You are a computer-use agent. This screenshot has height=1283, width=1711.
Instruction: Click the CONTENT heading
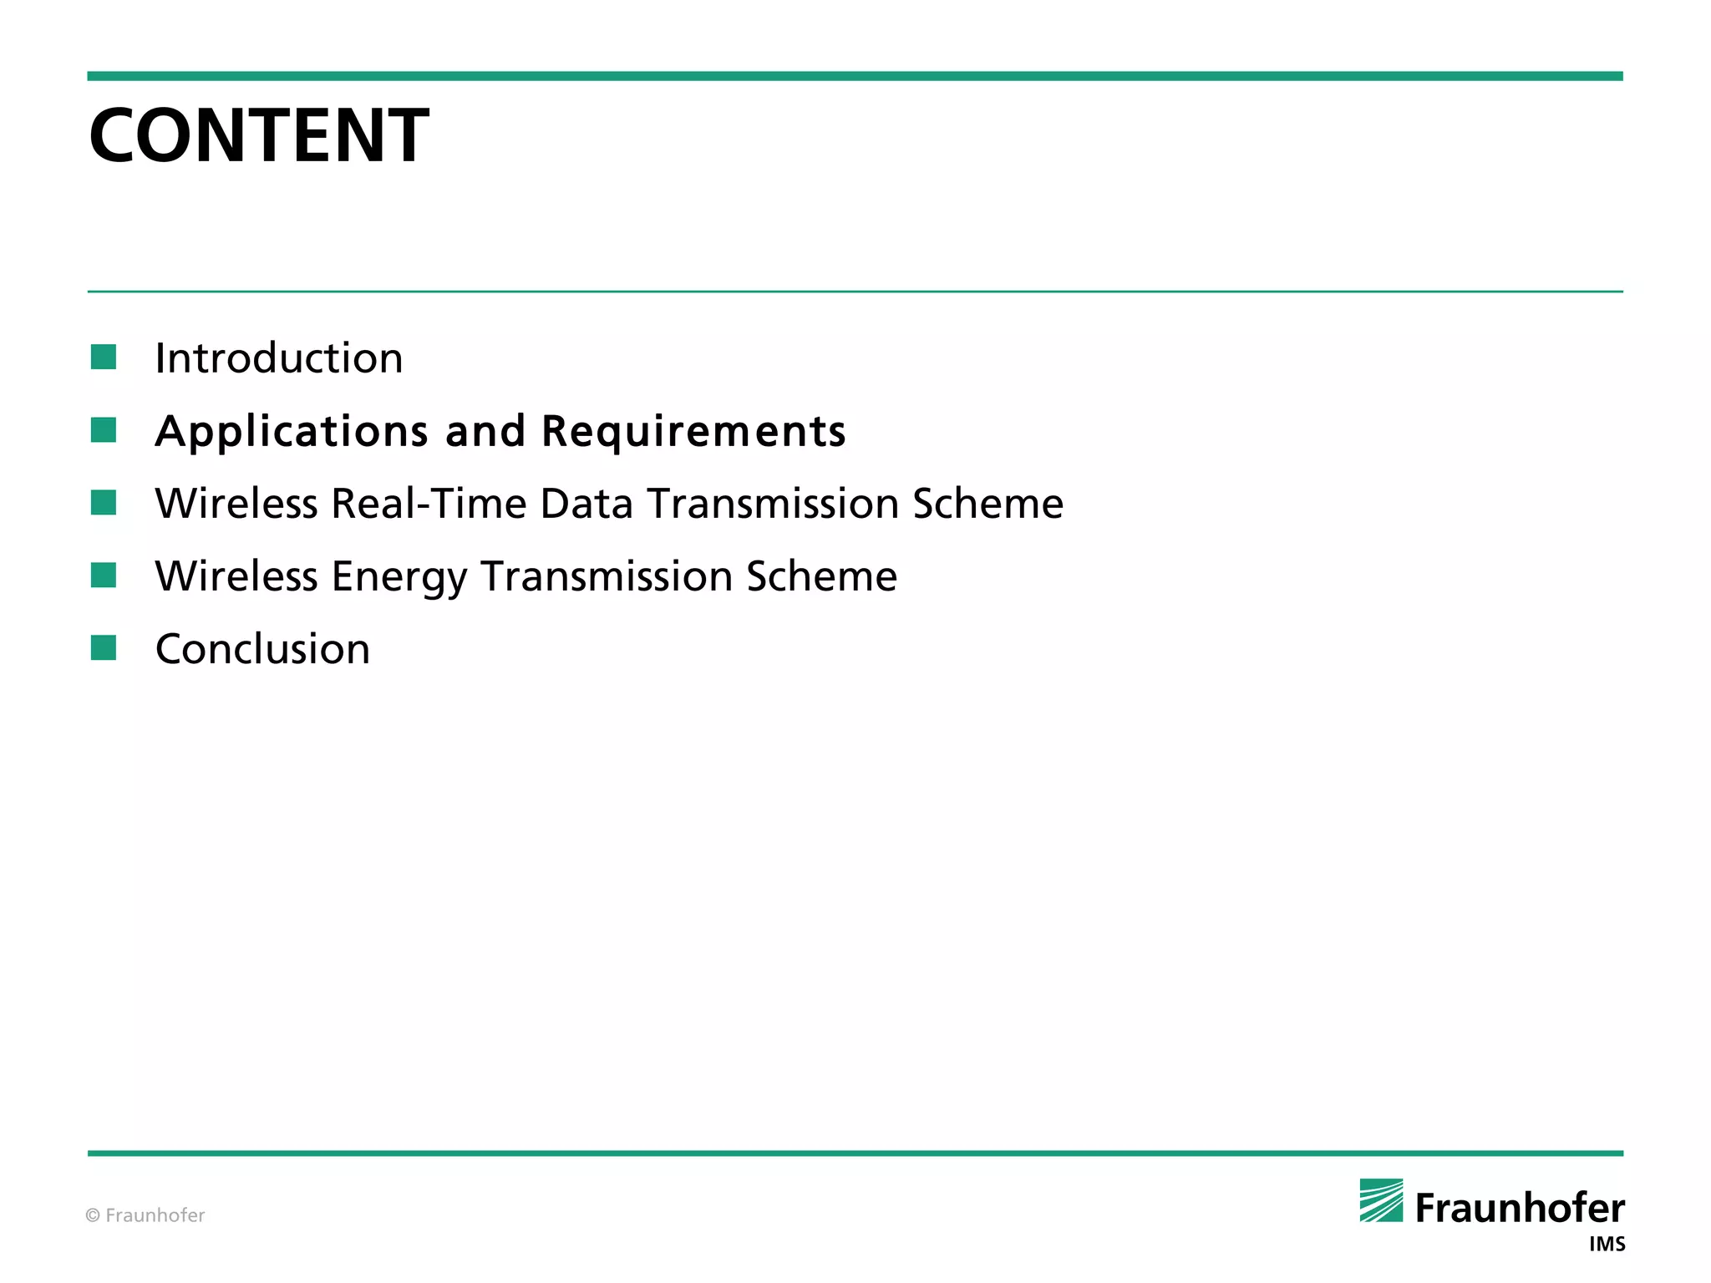pos(259,135)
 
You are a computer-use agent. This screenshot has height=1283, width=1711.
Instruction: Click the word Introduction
pos(279,358)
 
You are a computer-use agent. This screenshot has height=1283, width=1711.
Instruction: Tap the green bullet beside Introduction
pos(104,358)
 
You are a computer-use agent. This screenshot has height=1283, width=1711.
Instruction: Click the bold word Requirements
pos(693,432)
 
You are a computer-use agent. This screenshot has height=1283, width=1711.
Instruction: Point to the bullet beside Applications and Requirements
pos(104,430)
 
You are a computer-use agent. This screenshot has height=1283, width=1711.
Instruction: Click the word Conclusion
pos(262,649)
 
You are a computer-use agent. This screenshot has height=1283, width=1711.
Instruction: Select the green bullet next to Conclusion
pos(104,647)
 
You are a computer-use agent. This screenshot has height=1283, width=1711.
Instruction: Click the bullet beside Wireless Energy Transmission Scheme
pos(104,576)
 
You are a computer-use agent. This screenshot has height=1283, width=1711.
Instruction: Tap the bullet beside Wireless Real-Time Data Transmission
pos(104,503)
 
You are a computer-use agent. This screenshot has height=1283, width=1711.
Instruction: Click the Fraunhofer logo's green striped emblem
pos(1381,1200)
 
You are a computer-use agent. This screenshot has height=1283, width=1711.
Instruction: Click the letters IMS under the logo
pos(1607,1245)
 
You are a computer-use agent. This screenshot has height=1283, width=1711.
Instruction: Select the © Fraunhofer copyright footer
pos(145,1215)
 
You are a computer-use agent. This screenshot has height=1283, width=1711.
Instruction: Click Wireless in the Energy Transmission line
pos(236,576)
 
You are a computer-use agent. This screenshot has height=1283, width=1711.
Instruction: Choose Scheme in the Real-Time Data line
pos(988,504)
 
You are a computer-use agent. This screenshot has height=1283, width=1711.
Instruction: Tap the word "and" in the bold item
pos(485,432)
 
